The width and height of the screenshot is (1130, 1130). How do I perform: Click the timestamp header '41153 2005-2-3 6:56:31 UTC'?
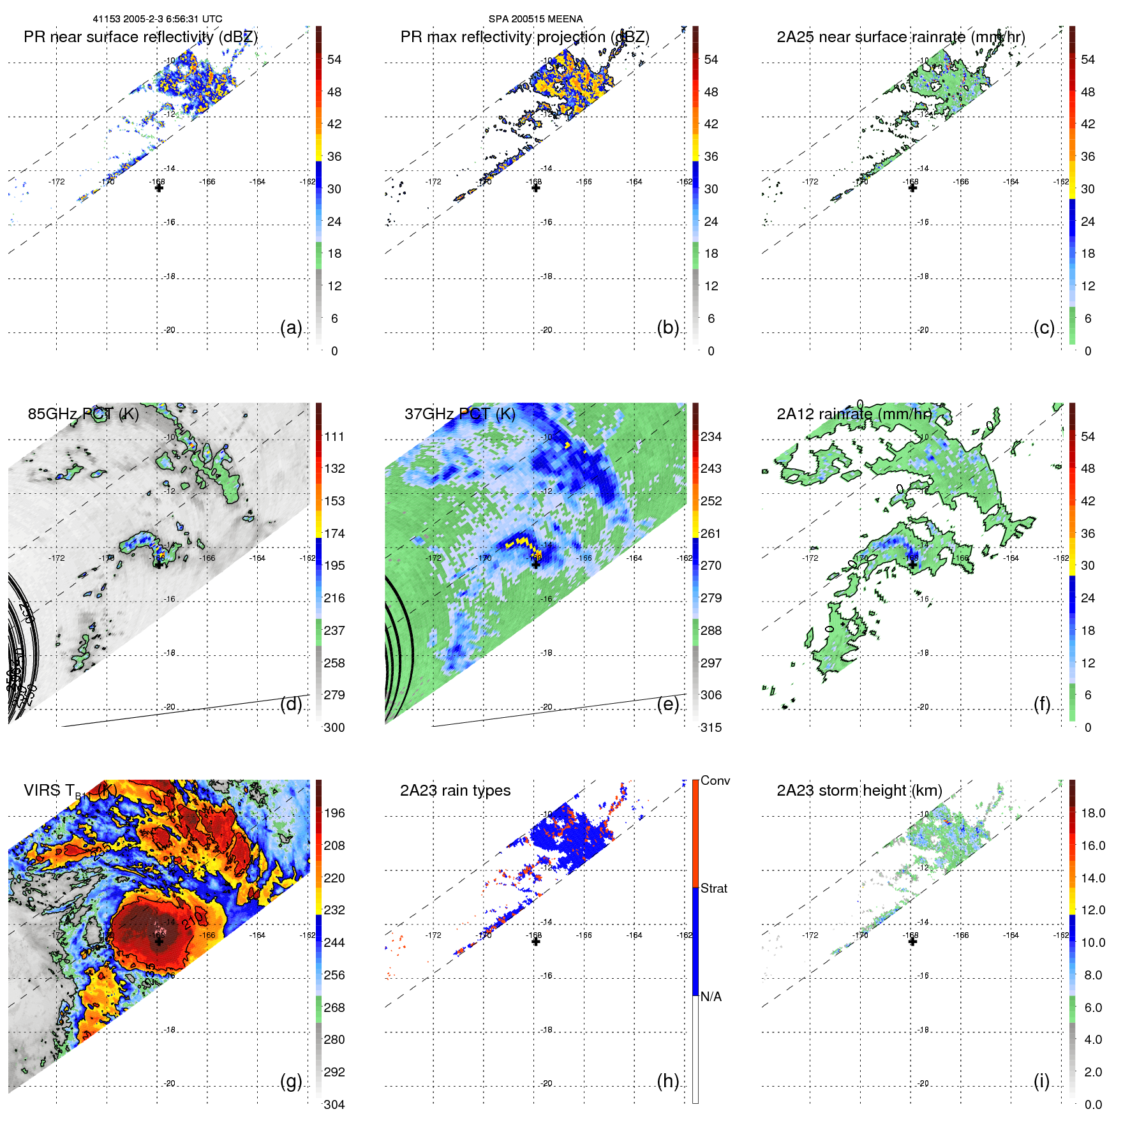point(158,19)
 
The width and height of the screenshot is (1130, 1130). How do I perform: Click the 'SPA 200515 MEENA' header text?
point(535,19)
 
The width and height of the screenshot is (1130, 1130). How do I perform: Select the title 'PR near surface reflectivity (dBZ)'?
point(140,37)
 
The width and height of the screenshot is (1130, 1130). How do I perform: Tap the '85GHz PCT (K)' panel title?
point(83,414)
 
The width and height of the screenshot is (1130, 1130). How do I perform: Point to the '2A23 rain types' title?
point(455,791)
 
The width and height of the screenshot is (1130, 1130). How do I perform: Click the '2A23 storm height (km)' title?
point(859,791)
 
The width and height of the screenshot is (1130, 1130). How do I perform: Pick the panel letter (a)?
point(291,328)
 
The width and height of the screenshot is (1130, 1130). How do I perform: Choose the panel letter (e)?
point(667,704)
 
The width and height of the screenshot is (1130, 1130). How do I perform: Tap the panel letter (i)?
point(1041,1081)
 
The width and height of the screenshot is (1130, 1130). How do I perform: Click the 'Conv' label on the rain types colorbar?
point(715,780)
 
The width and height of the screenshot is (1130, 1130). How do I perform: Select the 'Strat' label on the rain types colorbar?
point(713,888)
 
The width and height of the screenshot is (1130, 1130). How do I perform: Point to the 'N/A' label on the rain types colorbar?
point(711,997)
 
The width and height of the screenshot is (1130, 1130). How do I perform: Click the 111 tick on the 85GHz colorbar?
point(334,436)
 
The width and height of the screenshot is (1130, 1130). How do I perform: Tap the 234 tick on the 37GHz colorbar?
point(711,436)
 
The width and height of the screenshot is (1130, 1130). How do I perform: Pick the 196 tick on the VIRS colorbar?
point(334,813)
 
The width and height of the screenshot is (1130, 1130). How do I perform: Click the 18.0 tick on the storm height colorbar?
point(1092,813)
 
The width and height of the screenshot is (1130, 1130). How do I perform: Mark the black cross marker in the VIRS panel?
point(159,941)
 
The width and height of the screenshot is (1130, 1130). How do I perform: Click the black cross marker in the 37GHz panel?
point(536,564)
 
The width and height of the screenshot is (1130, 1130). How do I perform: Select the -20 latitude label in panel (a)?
point(170,330)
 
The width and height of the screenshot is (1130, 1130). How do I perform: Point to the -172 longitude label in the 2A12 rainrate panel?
point(810,558)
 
